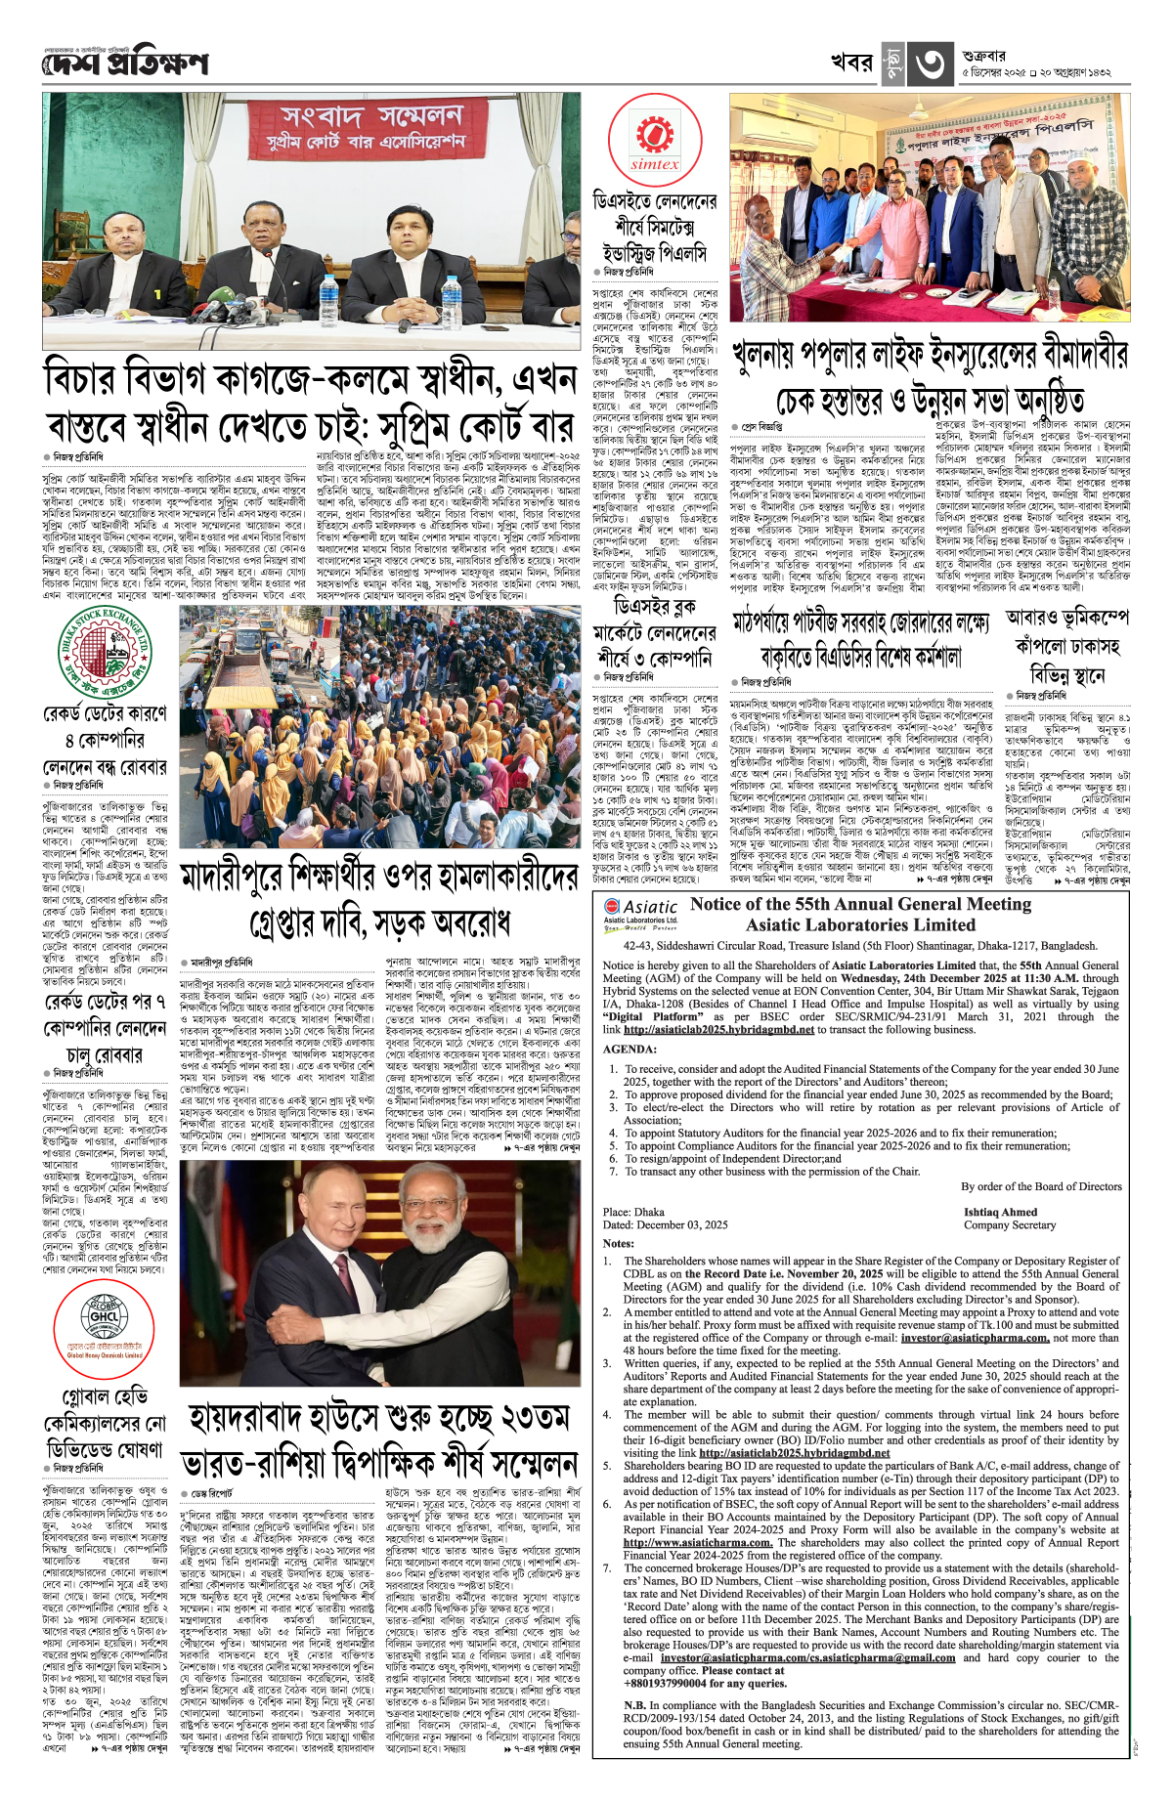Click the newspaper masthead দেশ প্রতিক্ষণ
pos(125,64)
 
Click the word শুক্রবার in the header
pos(983,56)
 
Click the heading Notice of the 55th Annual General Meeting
pos(860,904)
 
